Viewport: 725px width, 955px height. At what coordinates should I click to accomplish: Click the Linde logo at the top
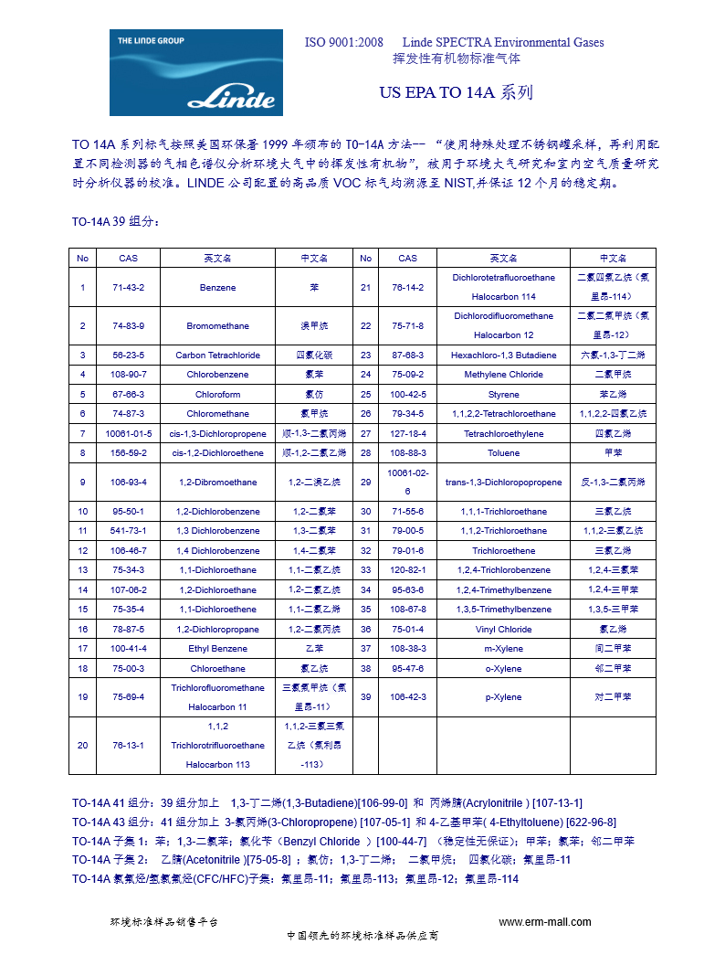tap(195, 72)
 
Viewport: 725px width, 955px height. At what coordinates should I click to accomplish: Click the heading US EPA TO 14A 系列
tap(456, 93)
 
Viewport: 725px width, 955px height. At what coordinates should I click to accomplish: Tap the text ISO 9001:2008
tap(343, 42)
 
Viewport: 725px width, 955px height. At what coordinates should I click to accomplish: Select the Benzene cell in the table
tap(217, 287)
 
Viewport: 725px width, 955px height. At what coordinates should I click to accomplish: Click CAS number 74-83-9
tap(128, 325)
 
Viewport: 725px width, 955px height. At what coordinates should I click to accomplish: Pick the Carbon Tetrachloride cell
tap(217, 355)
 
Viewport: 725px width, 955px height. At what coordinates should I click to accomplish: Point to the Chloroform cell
tap(217, 394)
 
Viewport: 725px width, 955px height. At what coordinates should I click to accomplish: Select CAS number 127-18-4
tap(407, 433)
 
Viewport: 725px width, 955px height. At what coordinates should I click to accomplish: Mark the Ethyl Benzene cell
tap(217, 648)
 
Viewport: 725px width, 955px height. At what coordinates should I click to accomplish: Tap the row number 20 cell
tap(82, 745)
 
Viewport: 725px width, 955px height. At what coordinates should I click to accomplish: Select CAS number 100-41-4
tap(128, 648)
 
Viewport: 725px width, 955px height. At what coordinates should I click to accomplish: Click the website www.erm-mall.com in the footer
tap(544, 922)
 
